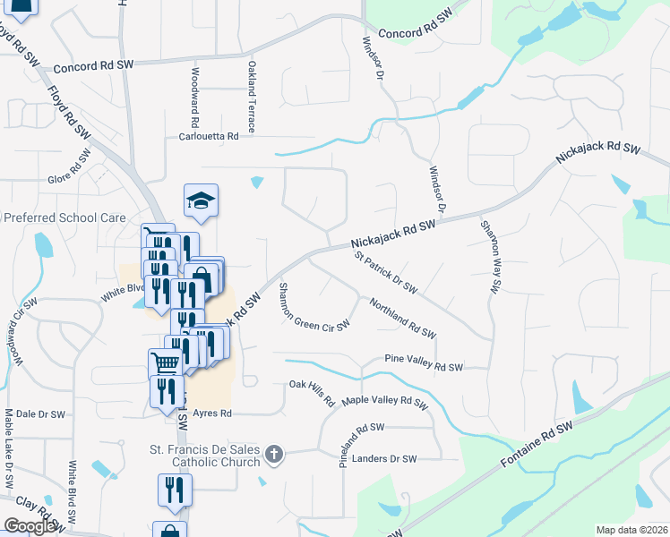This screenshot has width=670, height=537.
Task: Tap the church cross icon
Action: pos(275,456)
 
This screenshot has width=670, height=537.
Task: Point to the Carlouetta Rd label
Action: pos(209,137)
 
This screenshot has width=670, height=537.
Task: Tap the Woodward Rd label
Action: pos(194,98)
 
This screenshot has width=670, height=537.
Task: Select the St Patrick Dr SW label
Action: pos(386,273)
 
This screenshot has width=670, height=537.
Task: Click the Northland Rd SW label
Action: pos(402,319)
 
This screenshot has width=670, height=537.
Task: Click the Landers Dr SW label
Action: pos(385,459)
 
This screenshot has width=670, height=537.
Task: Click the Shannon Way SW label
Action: pos(489,257)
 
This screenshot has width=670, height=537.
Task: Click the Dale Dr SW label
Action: pos(40,414)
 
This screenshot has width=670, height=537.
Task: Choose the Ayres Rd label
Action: pos(213,413)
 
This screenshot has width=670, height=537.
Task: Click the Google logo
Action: pos(30,526)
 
